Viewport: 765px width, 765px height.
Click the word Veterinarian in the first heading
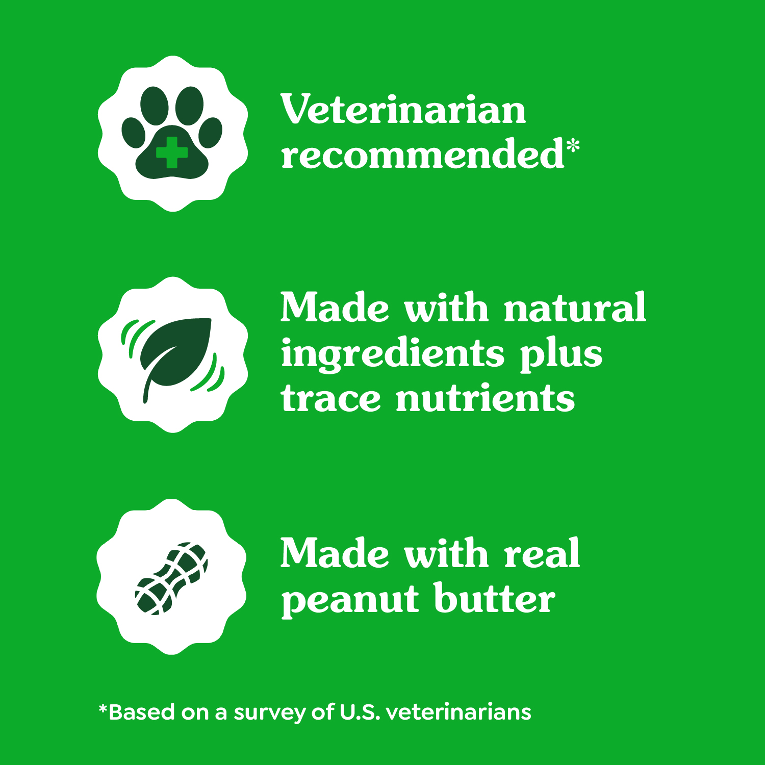[403, 110]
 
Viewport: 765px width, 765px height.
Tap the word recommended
[422, 155]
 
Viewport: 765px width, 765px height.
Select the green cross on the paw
[172, 152]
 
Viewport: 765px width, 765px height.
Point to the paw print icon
[172, 134]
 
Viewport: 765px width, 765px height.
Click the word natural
[575, 308]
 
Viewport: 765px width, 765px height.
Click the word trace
[330, 398]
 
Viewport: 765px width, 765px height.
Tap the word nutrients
[485, 398]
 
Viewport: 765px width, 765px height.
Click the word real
[542, 553]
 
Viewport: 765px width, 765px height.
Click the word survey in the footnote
[270, 712]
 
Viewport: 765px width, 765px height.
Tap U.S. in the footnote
[360, 712]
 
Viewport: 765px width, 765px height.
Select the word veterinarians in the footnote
[458, 712]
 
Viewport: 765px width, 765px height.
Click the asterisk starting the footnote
[103, 708]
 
